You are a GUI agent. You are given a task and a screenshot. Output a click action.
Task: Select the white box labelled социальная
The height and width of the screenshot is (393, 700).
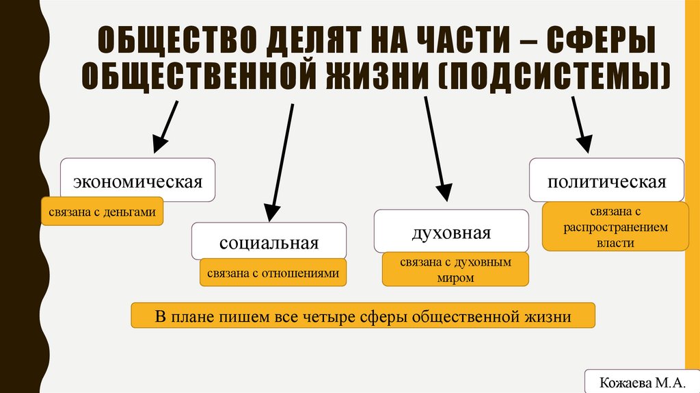(x=269, y=241)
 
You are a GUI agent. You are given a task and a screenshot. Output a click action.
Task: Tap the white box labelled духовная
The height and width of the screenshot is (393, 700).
(x=451, y=231)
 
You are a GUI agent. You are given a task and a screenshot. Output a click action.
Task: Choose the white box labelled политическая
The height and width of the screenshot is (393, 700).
(x=606, y=180)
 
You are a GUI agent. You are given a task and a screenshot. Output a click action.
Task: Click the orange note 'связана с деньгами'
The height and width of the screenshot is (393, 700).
(x=103, y=213)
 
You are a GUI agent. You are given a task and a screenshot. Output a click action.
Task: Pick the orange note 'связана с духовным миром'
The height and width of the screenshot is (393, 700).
(x=455, y=269)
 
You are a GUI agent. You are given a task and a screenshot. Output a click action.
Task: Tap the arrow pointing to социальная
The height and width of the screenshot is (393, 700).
(x=282, y=162)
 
